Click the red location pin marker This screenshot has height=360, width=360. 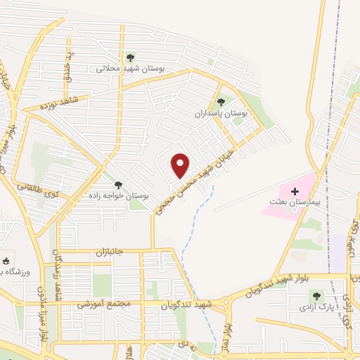point(181,165)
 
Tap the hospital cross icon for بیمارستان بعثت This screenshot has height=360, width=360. point(294,191)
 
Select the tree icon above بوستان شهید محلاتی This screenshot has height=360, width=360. point(129,58)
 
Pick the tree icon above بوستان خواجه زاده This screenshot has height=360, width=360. point(117,184)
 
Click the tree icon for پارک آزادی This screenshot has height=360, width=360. point(316,296)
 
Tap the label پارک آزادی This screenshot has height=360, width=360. point(316,307)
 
